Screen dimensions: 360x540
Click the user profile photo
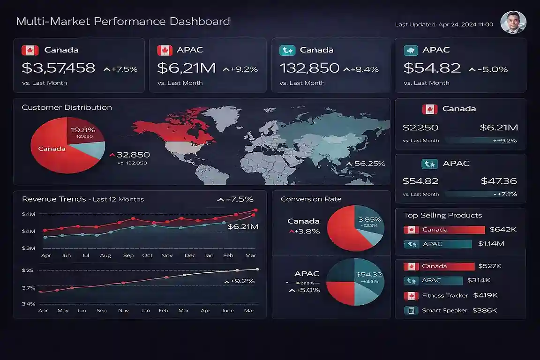click(x=513, y=22)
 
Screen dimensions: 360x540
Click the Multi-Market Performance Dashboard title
click(x=123, y=22)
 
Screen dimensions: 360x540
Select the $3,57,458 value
click(x=59, y=68)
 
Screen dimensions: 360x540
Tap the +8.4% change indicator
click(x=361, y=69)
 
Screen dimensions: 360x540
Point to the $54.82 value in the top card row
click(x=432, y=68)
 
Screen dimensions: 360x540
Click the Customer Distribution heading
click(x=67, y=107)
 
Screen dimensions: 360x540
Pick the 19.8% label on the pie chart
click(x=83, y=130)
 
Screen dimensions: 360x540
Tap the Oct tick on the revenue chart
click(x=148, y=255)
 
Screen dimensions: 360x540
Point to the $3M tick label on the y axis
click(x=29, y=248)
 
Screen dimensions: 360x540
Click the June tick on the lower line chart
click(x=227, y=310)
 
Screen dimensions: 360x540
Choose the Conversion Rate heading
click(x=311, y=199)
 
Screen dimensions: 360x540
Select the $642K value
click(x=503, y=230)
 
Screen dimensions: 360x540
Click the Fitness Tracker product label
click(x=445, y=296)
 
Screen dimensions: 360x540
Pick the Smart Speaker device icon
click(x=411, y=310)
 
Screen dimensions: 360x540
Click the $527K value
click(x=490, y=266)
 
